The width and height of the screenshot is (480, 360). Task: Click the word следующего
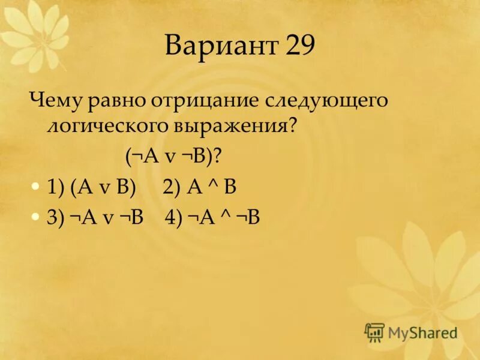(328, 101)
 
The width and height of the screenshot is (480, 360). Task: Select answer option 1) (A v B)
(92, 187)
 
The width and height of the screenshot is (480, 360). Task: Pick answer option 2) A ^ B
(200, 187)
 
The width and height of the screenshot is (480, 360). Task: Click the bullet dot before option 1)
(36, 187)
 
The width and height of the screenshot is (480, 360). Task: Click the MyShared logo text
(421, 332)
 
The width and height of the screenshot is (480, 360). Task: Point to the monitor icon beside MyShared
(374, 332)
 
